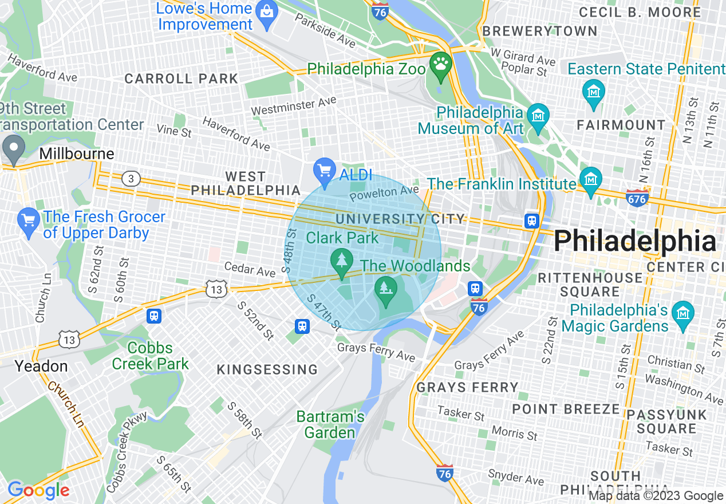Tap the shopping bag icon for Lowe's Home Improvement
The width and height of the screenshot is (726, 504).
point(268,10)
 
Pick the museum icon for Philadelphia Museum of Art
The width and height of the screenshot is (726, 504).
point(538,113)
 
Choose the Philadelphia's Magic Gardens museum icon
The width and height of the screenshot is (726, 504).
point(683,313)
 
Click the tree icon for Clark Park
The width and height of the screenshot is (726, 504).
point(342,261)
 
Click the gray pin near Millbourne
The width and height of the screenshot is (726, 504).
point(13,148)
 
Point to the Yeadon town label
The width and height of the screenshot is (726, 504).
point(41,366)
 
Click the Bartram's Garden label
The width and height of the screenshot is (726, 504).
point(330,424)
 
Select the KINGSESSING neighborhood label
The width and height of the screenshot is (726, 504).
point(267,370)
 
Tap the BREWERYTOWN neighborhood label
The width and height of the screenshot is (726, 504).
point(540,31)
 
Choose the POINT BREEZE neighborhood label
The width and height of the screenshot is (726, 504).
point(566,409)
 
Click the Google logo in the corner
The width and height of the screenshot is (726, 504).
point(38,490)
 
